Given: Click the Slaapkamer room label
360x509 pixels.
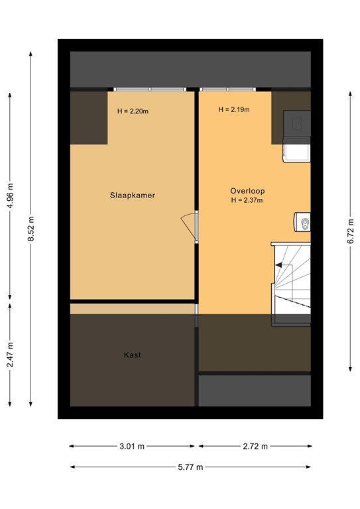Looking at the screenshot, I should pos(133,196).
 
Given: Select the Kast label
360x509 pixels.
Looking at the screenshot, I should pos(133,355).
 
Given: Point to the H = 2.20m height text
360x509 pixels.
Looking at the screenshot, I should pos(133,111).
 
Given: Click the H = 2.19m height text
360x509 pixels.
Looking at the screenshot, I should pos(234,110).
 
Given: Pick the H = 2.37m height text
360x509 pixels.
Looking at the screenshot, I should pos(247,200).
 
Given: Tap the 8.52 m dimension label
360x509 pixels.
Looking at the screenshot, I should pos(31,229).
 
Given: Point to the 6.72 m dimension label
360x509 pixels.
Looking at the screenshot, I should pos(351,229).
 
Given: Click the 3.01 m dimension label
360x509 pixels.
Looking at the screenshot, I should pos(132,446).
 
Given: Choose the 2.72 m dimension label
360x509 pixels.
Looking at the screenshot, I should pos(255,446).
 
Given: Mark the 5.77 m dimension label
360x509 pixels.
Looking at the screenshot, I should pos(190,467).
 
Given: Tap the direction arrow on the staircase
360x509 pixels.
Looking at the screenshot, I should pos(284,266).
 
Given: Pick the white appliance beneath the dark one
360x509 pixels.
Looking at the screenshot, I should pos(297,152).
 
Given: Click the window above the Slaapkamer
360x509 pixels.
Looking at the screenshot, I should pos(149,89).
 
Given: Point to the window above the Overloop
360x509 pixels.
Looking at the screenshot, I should pos(227,89).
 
